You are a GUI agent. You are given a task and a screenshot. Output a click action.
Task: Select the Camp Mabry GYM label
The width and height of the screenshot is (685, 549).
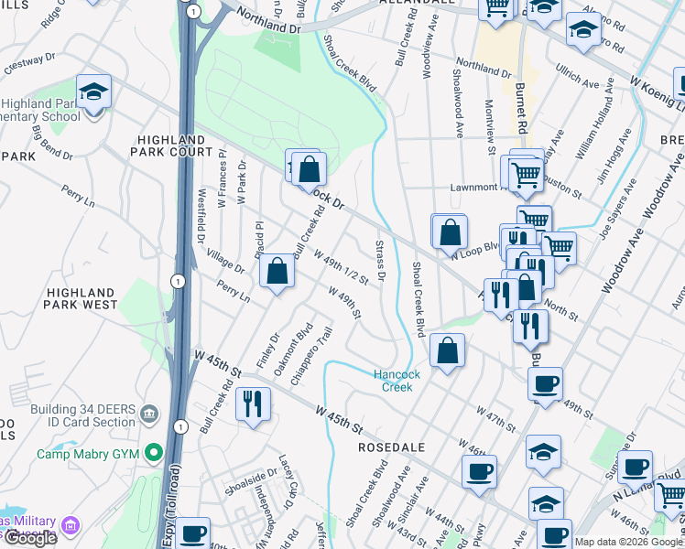(91, 453)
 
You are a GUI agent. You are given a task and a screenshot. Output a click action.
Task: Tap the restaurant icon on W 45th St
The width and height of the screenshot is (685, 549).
(253, 404)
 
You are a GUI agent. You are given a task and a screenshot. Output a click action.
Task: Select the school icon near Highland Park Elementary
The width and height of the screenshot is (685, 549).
(93, 91)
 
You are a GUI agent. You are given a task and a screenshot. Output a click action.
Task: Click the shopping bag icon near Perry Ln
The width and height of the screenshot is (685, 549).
(277, 272)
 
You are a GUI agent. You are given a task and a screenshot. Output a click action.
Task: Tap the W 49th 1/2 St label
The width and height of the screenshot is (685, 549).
(341, 266)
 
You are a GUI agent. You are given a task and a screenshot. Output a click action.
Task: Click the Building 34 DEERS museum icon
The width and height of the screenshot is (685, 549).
(147, 415)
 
